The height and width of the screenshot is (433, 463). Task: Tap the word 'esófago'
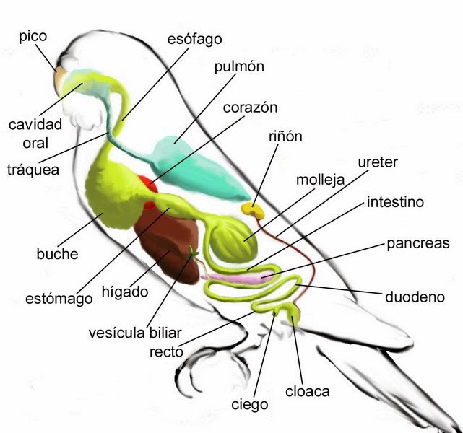(194, 38)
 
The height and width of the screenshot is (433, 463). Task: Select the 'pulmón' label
(239, 67)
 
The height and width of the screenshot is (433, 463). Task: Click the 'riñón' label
(285, 136)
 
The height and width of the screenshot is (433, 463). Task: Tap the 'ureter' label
(378, 162)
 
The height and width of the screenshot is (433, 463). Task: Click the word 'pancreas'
(418, 244)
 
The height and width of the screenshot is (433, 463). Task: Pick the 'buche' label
(57, 254)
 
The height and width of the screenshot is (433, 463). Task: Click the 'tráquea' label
(33, 170)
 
